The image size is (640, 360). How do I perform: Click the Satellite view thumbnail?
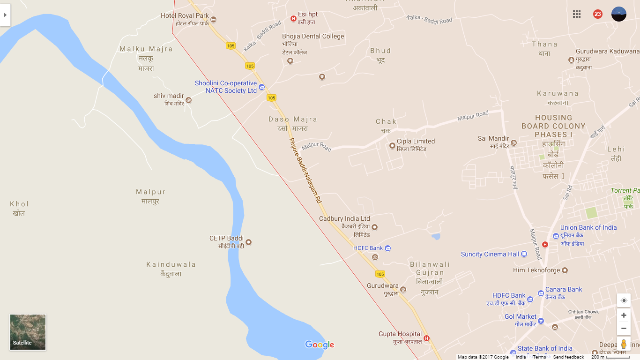(x=28, y=332)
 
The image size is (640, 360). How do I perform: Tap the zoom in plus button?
(x=624, y=315)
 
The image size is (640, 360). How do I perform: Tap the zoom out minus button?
(x=624, y=329)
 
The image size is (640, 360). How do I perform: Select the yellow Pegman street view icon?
(x=624, y=344)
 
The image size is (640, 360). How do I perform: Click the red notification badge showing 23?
(x=598, y=14)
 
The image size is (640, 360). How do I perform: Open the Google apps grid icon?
(x=577, y=14)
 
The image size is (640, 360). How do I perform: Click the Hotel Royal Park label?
(x=185, y=15)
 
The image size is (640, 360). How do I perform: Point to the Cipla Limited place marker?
(x=393, y=146)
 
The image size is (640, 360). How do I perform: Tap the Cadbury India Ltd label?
(x=344, y=218)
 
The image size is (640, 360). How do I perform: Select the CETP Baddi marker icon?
(x=249, y=242)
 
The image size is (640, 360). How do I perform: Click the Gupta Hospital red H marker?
(x=426, y=338)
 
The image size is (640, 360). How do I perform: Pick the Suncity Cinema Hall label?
(x=490, y=254)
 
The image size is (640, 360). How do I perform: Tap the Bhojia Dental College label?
(x=313, y=36)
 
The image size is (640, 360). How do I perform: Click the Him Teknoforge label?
(x=536, y=270)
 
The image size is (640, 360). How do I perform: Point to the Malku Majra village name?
(x=146, y=49)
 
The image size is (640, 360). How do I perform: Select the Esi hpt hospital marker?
(x=293, y=19)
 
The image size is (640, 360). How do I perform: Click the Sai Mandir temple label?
(x=493, y=138)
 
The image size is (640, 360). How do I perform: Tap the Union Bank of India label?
(x=588, y=227)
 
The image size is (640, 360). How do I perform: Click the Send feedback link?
(x=568, y=357)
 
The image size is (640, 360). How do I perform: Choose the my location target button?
(x=624, y=300)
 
